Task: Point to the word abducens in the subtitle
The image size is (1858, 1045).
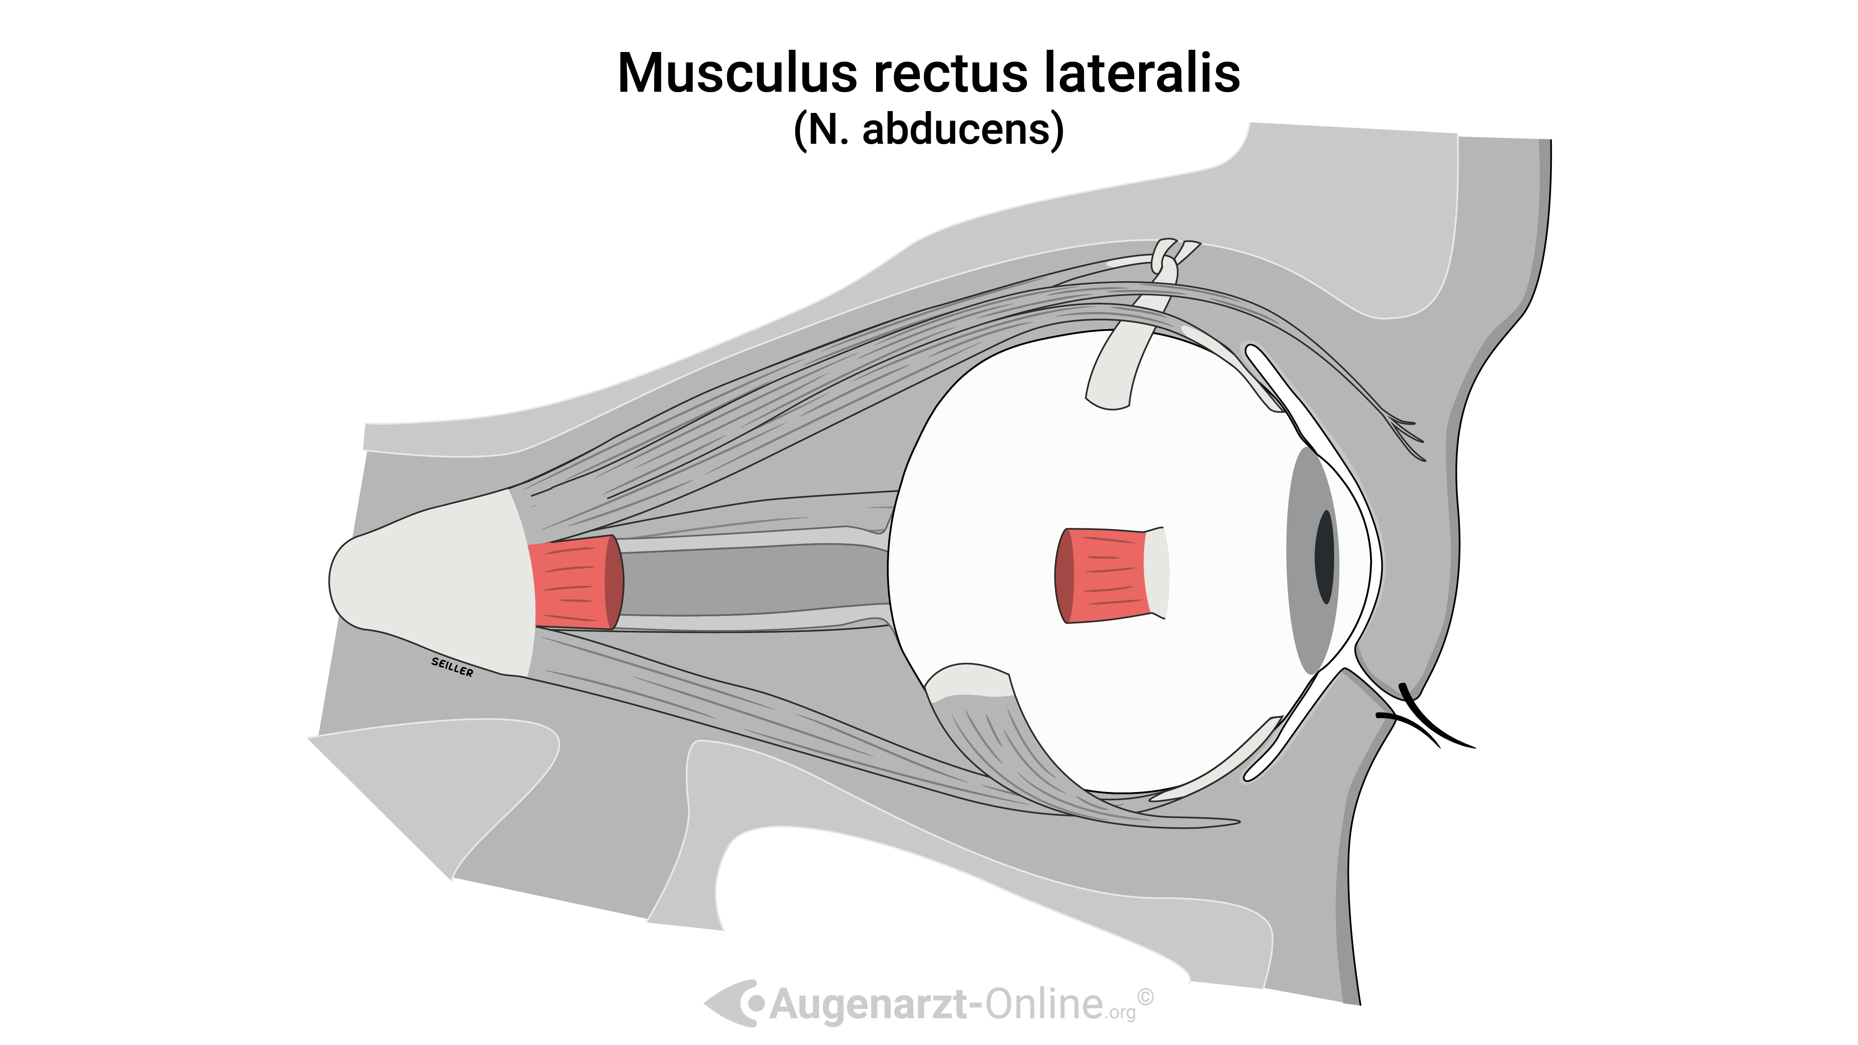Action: (956, 130)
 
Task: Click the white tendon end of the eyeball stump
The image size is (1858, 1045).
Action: (1156, 572)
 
